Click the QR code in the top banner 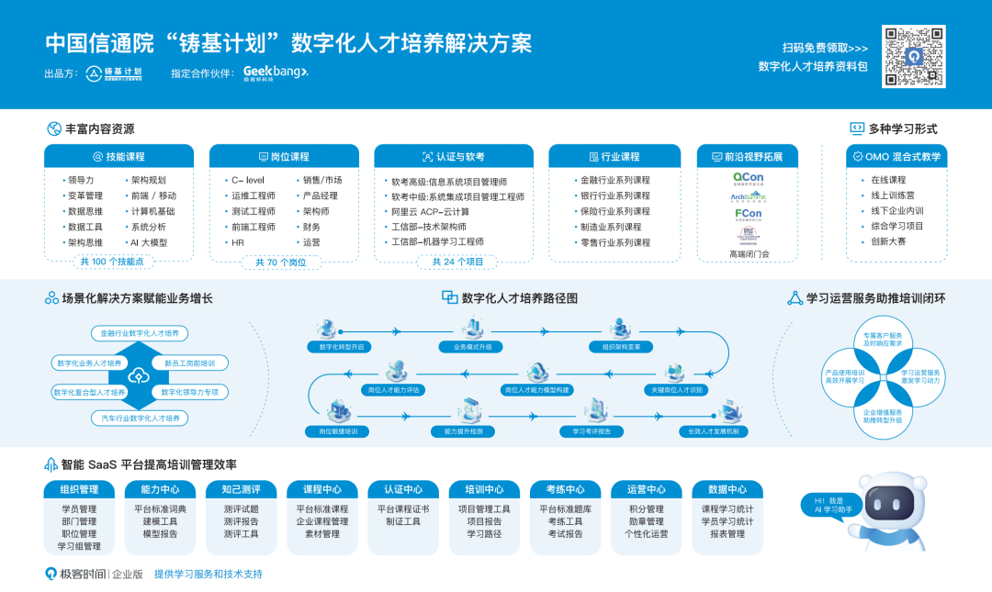coord(913,57)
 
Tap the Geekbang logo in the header coord(276,73)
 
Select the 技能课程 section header coord(119,157)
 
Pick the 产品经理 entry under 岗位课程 coord(321,195)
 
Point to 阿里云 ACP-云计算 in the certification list coord(430,211)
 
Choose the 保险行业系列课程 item coord(614,211)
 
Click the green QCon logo coord(748,177)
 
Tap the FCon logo coord(748,215)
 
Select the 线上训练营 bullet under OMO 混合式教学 coord(893,195)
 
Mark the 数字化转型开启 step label coord(342,347)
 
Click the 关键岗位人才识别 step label coord(677,389)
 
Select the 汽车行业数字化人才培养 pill coord(141,418)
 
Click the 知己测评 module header coord(241,489)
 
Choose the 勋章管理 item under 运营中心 coord(647,521)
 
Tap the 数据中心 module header coord(727,489)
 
